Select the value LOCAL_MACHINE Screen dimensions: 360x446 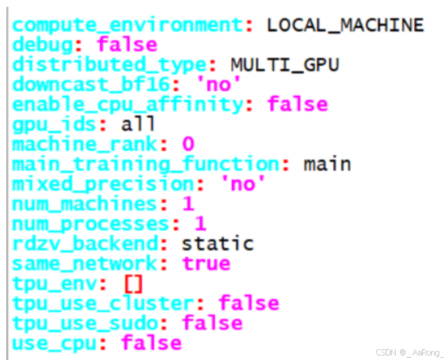click(x=345, y=26)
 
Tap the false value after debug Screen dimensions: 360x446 click(x=127, y=45)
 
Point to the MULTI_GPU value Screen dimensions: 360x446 click(x=284, y=65)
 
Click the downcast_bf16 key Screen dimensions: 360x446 click(x=91, y=84)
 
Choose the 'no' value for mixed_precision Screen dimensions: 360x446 click(x=242, y=184)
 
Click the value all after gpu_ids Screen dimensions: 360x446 click(x=138, y=124)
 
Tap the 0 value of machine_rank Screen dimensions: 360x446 click(x=188, y=145)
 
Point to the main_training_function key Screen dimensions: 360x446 click(x=146, y=164)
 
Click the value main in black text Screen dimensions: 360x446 click(x=327, y=164)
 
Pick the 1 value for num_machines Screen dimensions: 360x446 click(x=188, y=204)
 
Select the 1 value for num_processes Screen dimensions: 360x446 click(x=200, y=223)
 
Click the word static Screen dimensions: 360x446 click(x=218, y=244)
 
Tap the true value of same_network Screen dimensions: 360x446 click(x=206, y=264)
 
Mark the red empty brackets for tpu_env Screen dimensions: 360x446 click(x=133, y=283)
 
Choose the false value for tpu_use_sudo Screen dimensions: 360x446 click(x=212, y=323)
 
